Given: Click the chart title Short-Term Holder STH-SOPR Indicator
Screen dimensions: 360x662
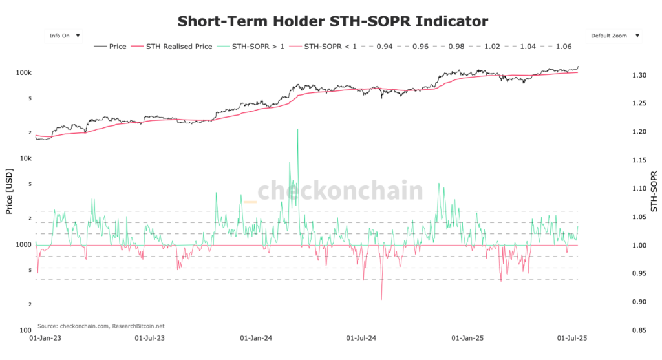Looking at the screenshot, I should (x=332, y=21).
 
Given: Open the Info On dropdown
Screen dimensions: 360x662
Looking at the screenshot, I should (x=64, y=36).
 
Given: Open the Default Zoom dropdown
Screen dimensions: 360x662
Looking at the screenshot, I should (x=614, y=36).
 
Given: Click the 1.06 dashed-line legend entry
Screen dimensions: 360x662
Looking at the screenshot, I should (x=557, y=47).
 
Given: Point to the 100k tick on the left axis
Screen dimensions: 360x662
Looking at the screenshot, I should (x=24, y=72).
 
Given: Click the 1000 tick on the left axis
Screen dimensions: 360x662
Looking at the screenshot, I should (x=23, y=245).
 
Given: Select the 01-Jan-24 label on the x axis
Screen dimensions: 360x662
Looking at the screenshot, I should (x=255, y=338).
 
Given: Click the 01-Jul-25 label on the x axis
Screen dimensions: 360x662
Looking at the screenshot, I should (x=573, y=338).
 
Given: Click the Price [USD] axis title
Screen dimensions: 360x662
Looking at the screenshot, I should (x=10, y=193).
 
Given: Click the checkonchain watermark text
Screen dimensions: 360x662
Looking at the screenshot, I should (x=341, y=191).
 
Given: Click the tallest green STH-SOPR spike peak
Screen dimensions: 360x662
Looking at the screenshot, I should (x=297, y=130).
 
